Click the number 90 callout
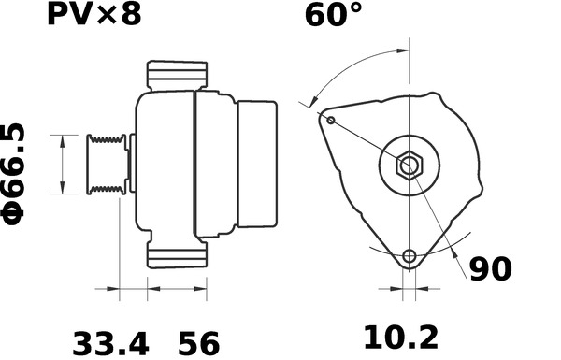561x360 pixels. point(490,269)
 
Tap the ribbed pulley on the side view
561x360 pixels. point(105,165)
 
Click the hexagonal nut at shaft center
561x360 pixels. point(409,166)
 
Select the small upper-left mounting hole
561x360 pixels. point(331,120)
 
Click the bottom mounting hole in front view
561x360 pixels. point(409,256)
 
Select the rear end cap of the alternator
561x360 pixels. point(257,165)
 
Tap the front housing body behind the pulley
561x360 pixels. point(164,165)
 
